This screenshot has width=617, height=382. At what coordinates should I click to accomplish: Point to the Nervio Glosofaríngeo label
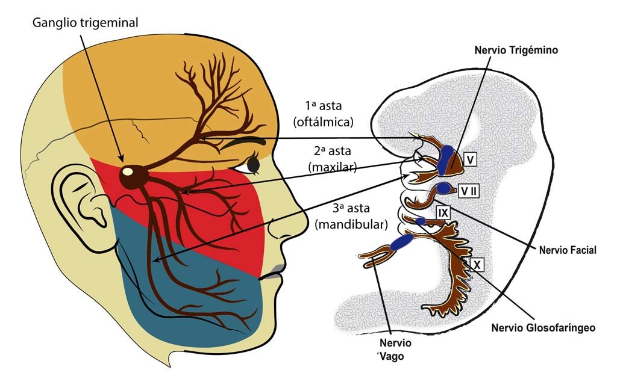tap(543, 328)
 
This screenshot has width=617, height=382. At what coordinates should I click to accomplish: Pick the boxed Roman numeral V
tap(471, 159)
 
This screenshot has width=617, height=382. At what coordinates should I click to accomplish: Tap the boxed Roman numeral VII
tap(469, 189)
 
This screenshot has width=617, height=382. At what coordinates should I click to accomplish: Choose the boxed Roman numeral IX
tap(443, 212)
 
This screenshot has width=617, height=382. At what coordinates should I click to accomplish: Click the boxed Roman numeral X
tap(476, 265)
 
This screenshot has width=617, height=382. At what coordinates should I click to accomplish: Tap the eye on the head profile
tap(254, 163)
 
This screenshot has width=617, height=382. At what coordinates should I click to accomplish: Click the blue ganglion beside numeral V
tap(448, 158)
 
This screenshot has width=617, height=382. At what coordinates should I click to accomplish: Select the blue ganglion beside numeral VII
tap(445, 188)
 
